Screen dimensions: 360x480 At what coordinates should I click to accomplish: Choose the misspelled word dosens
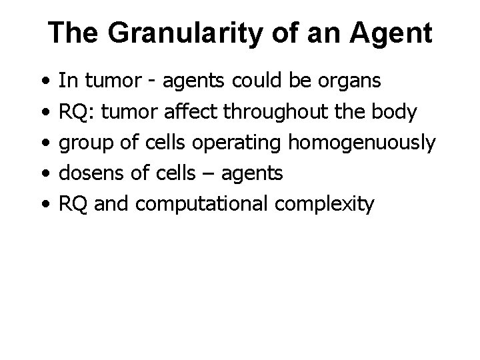(86, 174)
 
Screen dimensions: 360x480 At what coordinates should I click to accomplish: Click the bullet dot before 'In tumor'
(43, 82)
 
